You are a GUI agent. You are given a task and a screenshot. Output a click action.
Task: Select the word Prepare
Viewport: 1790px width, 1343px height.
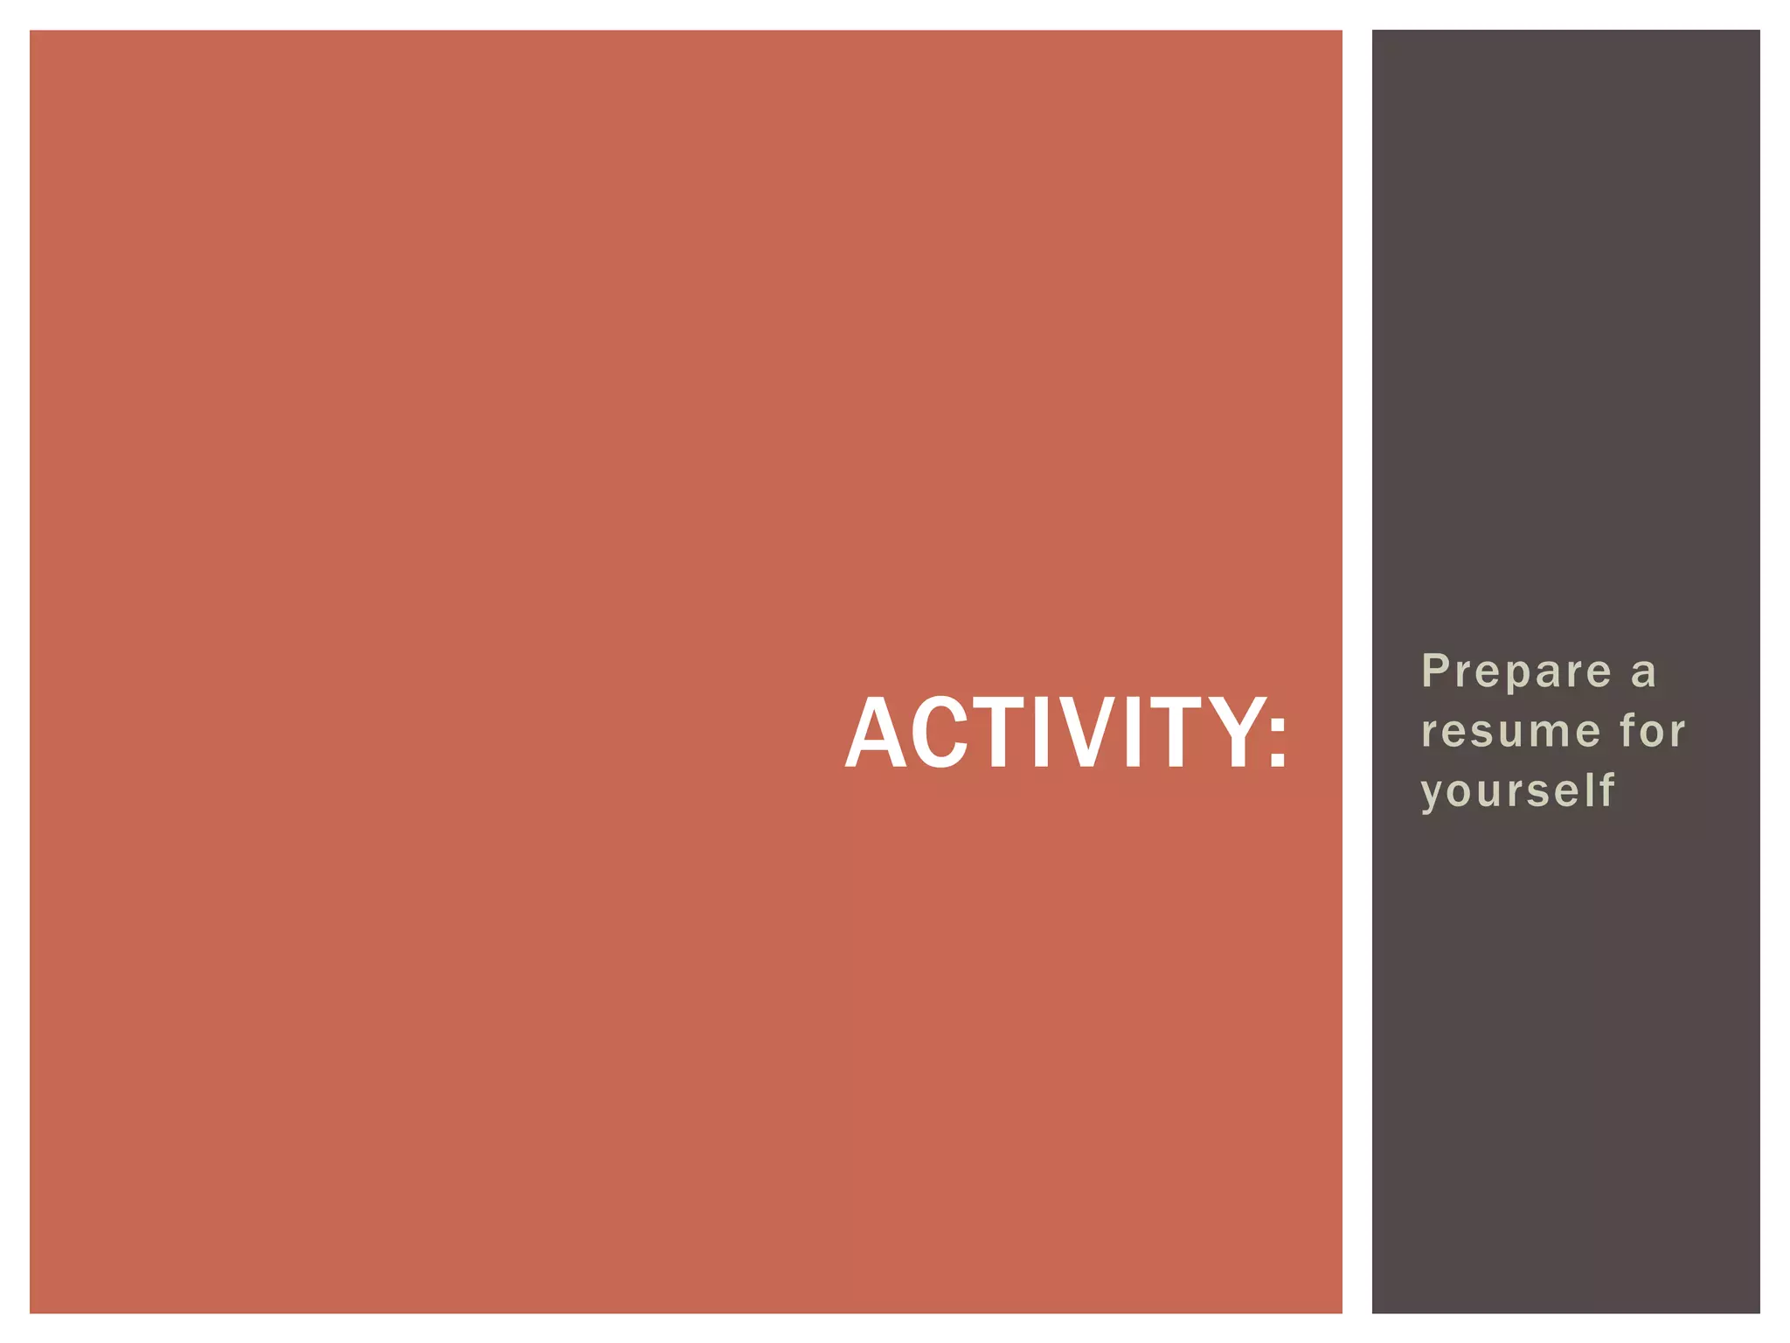tap(1516, 671)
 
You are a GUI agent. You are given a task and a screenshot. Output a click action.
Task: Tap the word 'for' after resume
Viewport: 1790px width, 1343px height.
tap(1652, 730)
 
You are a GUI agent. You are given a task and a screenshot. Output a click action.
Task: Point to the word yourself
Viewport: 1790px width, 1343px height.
tap(1517, 791)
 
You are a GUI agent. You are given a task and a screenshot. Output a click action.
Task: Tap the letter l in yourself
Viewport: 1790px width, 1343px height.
tap(1592, 789)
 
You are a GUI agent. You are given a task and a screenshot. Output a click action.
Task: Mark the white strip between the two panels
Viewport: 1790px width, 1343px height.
tap(1356, 671)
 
